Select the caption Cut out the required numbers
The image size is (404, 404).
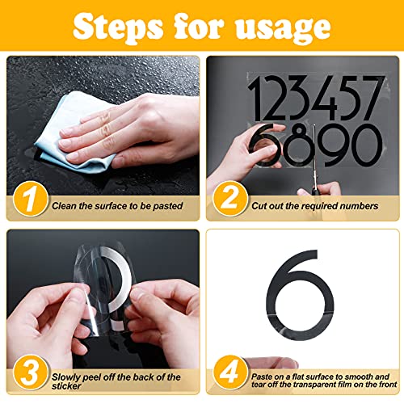314,206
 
